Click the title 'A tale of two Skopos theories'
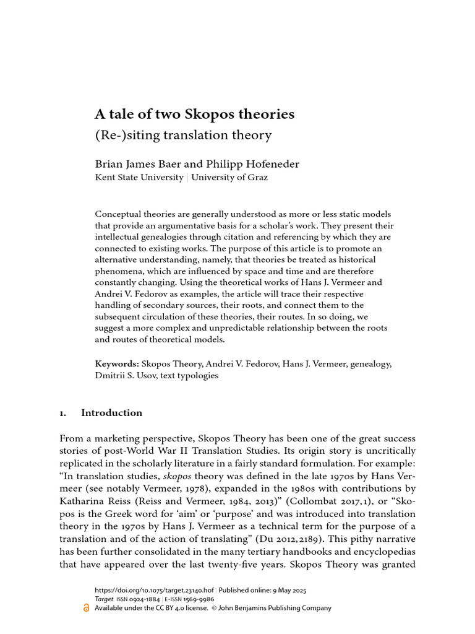(x=194, y=115)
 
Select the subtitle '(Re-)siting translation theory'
(x=183, y=134)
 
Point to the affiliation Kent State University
(x=139, y=177)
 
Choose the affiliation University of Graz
(x=230, y=177)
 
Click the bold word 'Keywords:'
(x=117, y=363)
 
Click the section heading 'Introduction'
(x=111, y=413)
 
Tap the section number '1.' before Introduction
(x=62, y=413)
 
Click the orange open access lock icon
(x=86, y=607)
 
